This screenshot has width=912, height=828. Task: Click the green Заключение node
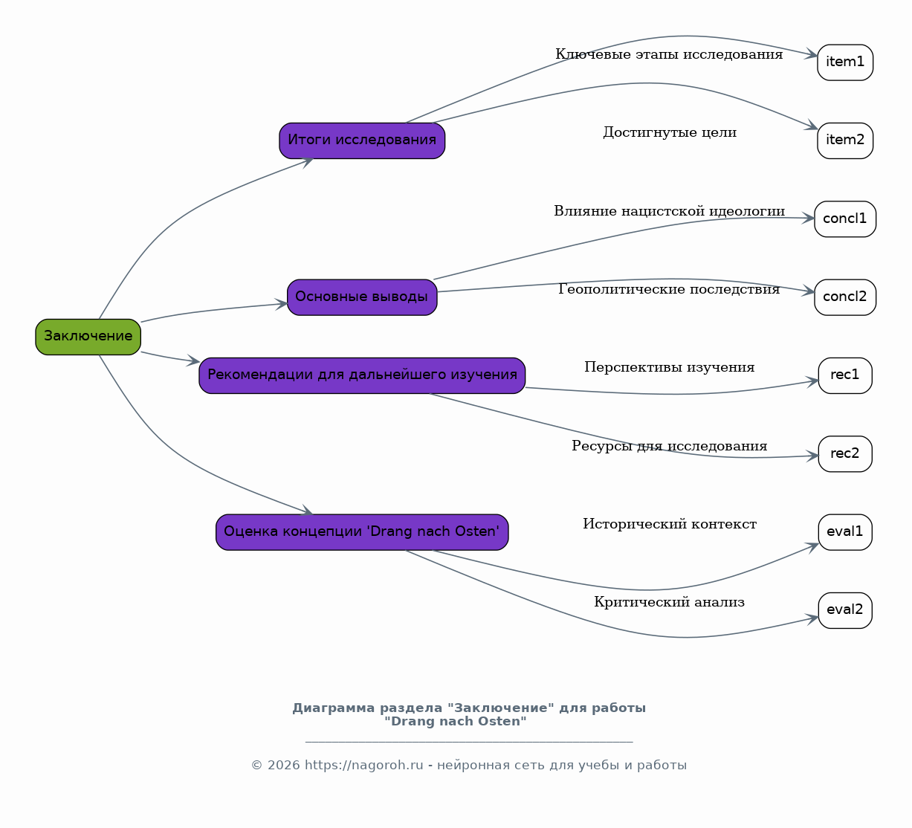[x=88, y=337]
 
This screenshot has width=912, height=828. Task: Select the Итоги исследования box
[x=362, y=140]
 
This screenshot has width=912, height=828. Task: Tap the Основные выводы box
[x=362, y=297]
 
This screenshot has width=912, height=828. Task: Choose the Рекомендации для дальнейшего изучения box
[x=362, y=375]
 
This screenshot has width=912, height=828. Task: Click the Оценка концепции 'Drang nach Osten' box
[x=362, y=532]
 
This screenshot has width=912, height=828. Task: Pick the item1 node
[x=845, y=62]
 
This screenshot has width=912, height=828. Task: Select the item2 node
[x=845, y=140]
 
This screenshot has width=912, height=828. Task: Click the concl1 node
[x=845, y=219]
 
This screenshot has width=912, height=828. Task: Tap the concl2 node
[x=845, y=297]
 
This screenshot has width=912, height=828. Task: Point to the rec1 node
[x=845, y=375]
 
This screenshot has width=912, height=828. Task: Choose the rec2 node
[x=845, y=454]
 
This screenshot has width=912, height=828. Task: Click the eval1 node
[x=845, y=532]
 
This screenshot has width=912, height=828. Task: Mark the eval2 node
[x=845, y=611]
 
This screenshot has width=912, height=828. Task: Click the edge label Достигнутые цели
[x=670, y=132]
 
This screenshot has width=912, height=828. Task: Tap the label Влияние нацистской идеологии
[x=669, y=211]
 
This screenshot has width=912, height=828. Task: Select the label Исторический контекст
[x=670, y=524]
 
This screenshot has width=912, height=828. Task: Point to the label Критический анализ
[x=669, y=602]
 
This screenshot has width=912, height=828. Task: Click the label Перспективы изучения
[x=669, y=367]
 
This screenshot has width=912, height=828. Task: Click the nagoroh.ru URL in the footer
[x=363, y=766]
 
